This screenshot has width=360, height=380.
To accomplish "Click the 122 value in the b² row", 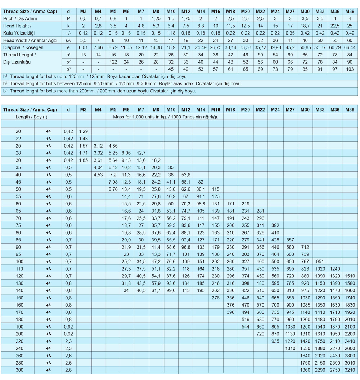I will [113, 62].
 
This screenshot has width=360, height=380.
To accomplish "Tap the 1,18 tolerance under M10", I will [171, 33].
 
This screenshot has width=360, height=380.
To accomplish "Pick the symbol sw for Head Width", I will [68, 40].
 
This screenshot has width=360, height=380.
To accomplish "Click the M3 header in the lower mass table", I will [84, 109].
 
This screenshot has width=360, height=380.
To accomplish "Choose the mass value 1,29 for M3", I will [84, 131].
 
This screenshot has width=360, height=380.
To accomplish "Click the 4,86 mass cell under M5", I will [113, 146].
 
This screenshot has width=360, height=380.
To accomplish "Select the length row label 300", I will [18, 370].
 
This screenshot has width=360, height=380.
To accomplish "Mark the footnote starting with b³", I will [99, 91].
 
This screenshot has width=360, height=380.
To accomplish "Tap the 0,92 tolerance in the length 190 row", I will [68, 327].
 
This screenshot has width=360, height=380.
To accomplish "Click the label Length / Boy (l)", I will [31, 117].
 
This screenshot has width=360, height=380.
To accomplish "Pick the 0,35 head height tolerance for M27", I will [290, 33].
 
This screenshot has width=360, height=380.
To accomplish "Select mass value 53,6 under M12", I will [186, 175].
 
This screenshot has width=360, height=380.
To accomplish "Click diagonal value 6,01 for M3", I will [84, 47].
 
